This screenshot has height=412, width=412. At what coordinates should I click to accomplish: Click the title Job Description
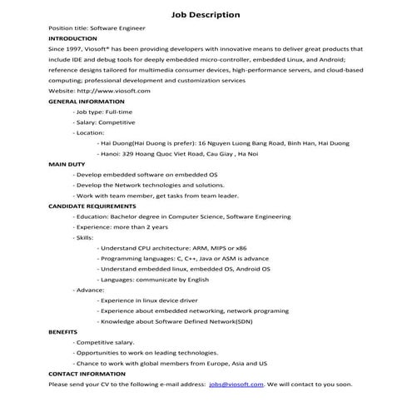pos(206,14)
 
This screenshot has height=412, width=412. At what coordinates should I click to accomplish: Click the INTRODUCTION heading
pos(72,38)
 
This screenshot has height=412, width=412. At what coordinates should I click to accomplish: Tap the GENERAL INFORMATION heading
pos(87,101)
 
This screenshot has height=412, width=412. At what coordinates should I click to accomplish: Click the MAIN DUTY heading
pos(68,164)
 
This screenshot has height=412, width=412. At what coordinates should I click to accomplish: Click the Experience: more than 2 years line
pos(121,226)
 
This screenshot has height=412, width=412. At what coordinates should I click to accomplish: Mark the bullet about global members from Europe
pos(171,363)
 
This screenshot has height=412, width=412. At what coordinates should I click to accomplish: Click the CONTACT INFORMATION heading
pos(87,374)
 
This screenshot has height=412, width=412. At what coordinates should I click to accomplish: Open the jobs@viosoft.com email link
pos(236,385)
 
